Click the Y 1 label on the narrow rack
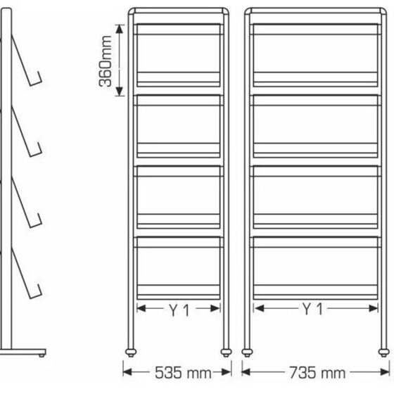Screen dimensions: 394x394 pos(178,310)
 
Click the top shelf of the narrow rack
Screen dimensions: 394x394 pos(178,78)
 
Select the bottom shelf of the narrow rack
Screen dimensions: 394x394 pos(178,291)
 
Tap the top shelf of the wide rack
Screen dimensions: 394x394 pos(314,78)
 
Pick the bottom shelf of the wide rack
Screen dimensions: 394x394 pos(314,291)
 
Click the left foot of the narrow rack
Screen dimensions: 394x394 pos(131,349)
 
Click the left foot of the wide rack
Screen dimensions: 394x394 pos(248,349)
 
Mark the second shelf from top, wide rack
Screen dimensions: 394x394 pos(314,149)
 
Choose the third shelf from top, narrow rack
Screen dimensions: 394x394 pos(178,220)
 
